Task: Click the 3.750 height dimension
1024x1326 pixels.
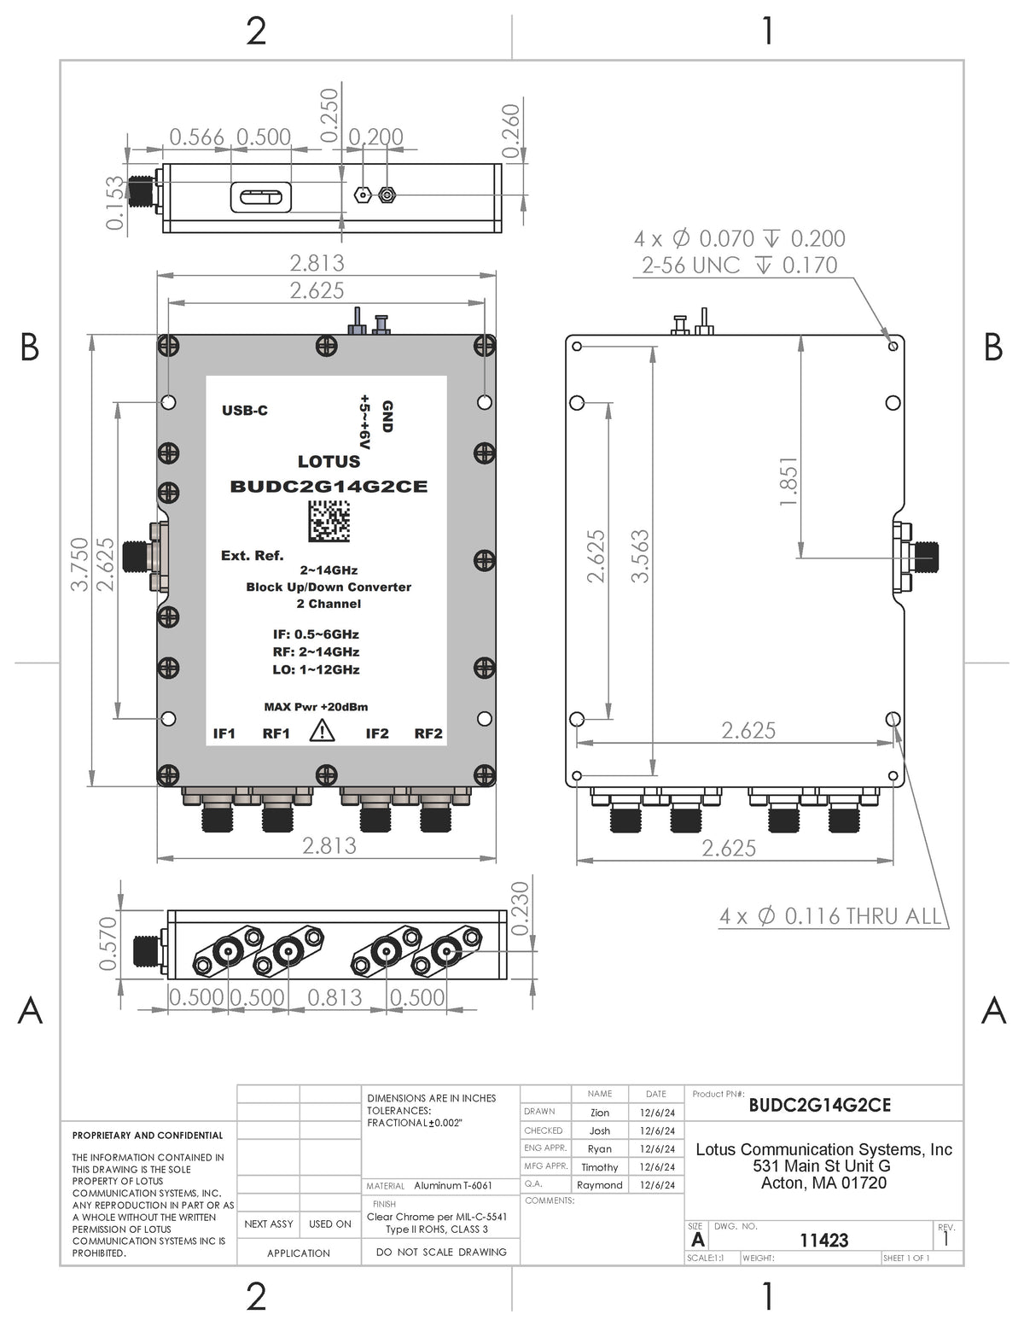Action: [79, 564]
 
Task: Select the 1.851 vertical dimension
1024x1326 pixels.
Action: [788, 481]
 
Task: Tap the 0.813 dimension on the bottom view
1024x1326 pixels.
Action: [335, 997]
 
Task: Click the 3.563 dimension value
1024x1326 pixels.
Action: [640, 556]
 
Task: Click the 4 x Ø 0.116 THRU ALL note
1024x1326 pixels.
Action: [829, 917]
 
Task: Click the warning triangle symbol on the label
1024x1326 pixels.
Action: [322, 732]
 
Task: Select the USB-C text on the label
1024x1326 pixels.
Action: [245, 411]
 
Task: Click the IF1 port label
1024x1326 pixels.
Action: [224, 733]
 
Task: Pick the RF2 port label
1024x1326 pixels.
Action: [428, 733]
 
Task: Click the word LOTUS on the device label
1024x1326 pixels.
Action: [329, 462]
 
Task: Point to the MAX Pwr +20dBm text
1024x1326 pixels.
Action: [317, 707]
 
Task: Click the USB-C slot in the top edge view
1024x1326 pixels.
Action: [260, 198]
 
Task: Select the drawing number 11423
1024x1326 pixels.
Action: [823, 1240]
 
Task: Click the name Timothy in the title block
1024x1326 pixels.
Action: [599, 1167]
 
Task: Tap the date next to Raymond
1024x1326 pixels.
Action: [656, 1185]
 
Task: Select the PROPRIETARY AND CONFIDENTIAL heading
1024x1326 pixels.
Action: [148, 1136]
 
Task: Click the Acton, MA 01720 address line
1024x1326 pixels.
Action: [823, 1183]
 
